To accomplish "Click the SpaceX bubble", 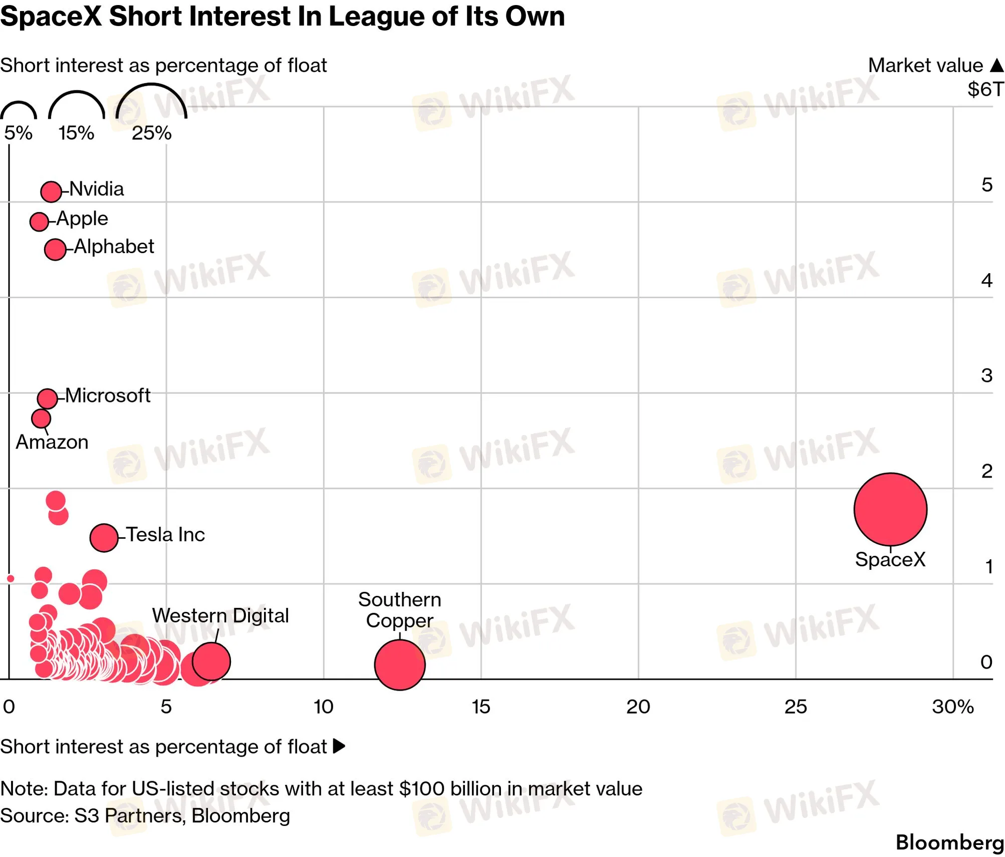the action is [890, 509].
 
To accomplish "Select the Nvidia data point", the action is [51, 191].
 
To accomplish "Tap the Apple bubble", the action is [39, 221].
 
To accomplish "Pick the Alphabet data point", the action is [55, 249].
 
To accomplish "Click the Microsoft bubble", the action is [47, 399].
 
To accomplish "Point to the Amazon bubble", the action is [41, 418].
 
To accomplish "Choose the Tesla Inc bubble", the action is [104, 538].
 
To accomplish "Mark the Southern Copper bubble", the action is [400, 665].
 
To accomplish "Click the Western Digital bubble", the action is [211, 662].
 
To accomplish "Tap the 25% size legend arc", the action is [151, 84].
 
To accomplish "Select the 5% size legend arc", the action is [19, 102].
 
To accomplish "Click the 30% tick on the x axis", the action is [952, 707].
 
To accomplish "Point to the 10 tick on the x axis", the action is [324, 707].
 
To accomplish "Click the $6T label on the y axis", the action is [985, 89].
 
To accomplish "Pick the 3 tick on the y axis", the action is [986, 375].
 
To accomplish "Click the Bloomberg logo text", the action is [950, 842].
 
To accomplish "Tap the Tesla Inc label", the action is [165, 535].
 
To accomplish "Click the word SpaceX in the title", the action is [51, 16].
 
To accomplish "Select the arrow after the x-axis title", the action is [339, 746].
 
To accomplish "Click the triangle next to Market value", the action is [997, 65].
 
